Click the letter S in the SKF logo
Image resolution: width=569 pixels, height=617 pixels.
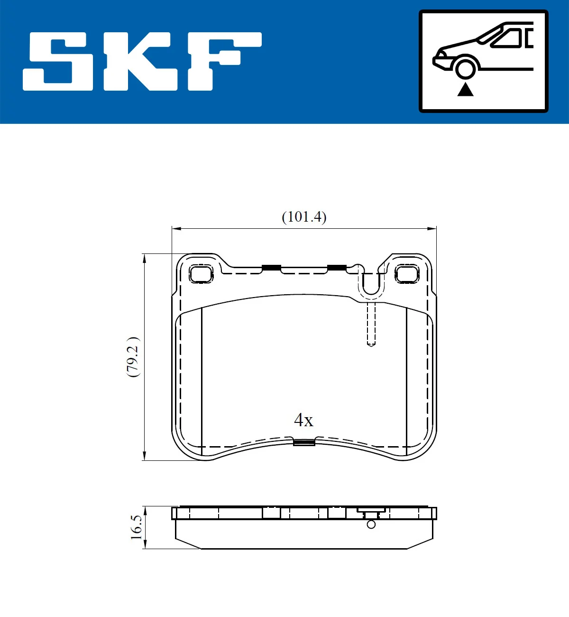coord(58,61)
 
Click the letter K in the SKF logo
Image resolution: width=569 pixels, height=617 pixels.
coord(140,61)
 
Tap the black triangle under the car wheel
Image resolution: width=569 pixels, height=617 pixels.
coord(465,89)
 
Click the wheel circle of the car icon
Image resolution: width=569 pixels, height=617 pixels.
coord(465,68)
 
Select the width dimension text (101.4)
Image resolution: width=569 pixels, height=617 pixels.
coord(304,217)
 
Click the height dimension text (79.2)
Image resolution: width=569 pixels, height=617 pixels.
coord(133,357)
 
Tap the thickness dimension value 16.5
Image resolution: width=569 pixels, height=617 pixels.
coord(136,527)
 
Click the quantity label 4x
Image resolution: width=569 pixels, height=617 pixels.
coord(303,420)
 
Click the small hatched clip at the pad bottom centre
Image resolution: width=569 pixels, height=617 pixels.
coord(304,442)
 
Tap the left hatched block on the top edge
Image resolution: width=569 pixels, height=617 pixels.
coord(271,268)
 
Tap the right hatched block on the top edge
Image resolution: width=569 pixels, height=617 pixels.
coord(337,268)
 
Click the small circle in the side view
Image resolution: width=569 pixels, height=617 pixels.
coord(371,524)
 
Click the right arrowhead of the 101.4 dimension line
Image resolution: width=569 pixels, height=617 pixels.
coord(432,229)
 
